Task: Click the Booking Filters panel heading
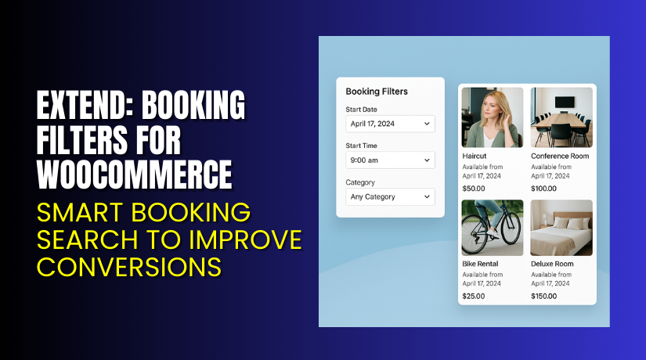[x=377, y=92]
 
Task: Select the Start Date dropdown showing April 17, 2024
[x=390, y=124]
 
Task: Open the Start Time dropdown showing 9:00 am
[x=390, y=160]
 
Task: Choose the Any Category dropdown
[x=390, y=196]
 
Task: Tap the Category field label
[x=360, y=182]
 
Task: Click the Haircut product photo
[x=493, y=117]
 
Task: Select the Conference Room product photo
[x=561, y=117]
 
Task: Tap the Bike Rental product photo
[x=493, y=228]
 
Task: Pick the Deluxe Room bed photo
[x=561, y=228]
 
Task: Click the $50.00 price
[x=474, y=189]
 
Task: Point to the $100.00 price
[x=544, y=189]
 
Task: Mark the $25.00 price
[x=474, y=296]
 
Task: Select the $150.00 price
[x=544, y=296]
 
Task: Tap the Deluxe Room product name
[x=552, y=264]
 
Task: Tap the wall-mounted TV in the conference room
[x=565, y=101]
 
